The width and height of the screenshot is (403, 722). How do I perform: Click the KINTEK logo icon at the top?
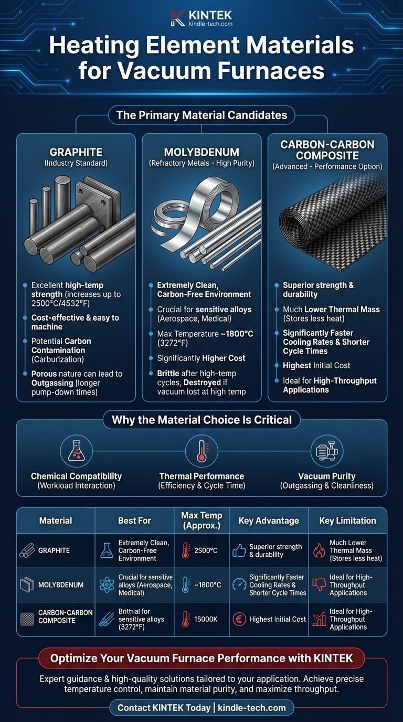click(x=177, y=18)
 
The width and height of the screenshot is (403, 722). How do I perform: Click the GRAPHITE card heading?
click(x=76, y=152)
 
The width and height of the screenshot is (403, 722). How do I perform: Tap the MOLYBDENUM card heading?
click(x=201, y=152)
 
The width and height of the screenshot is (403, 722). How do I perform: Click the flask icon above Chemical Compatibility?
click(x=77, y=451)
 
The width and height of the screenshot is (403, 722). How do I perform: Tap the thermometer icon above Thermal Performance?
click(x=201, y=451)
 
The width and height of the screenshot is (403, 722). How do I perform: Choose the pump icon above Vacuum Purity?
click(x=327, y=450)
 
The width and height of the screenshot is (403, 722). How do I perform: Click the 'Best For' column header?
click(x=134, y=521)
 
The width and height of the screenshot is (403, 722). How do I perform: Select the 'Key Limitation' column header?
click(x=347, y=521)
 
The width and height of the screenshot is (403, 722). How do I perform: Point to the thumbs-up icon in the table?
click(x=239, y=551)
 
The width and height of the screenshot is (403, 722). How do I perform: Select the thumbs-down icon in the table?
click(x=319, y=585)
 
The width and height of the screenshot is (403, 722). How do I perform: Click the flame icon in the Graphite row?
click(x=319, y=550)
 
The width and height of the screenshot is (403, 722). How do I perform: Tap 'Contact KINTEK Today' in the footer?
click(x=164, y=708)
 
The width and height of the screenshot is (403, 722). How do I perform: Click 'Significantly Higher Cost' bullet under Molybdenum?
click(x=201, y=358)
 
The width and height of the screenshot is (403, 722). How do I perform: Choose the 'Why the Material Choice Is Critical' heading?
click(x=201, y=420)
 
